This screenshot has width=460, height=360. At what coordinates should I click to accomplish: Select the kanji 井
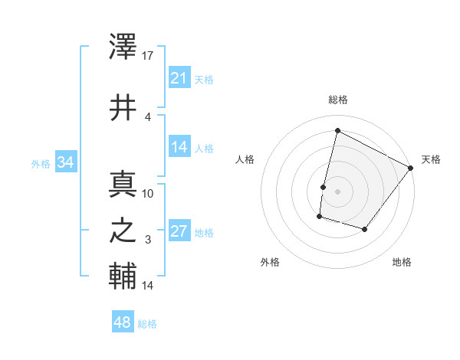(123, 107)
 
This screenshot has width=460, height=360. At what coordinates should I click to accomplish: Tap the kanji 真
(123, 185)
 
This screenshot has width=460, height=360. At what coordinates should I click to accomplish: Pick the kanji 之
(123, 231)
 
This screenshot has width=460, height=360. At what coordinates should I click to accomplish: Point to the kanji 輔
(123, 277)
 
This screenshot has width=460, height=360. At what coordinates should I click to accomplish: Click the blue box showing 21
(179, 78)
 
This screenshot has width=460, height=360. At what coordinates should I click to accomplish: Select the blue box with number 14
(179, 147)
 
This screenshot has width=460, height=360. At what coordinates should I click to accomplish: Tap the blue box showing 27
(179, 231)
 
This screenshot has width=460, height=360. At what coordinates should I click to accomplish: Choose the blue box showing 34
(65, 162)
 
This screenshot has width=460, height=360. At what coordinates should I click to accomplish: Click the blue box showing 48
(123, 322)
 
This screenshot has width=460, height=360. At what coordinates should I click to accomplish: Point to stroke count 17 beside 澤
(149, 57)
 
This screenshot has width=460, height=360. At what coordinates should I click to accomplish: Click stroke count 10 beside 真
(148, 193)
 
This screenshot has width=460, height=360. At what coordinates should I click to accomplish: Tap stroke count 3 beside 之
(148, 240)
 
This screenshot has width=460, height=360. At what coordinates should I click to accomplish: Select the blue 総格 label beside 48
(147, 323)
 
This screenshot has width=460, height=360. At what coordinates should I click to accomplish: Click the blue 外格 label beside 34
(41, 163)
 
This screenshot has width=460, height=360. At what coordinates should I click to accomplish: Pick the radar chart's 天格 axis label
(431, 159)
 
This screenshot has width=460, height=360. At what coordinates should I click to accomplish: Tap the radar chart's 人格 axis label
(245, 159)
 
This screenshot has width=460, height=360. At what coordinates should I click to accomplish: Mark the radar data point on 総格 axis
(337, 131)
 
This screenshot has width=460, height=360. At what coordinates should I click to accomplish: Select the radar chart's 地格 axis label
(402, 262)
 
